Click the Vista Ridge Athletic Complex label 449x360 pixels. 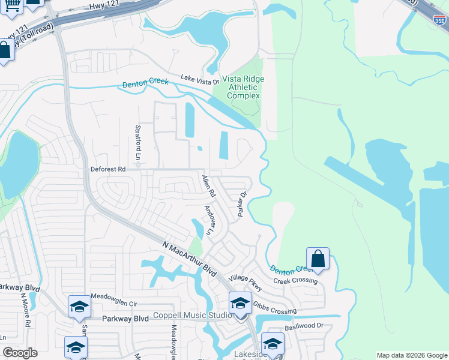point(243,87)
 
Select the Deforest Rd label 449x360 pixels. point(108,170)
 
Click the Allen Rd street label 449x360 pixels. point(208,187)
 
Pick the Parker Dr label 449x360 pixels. point(243,205)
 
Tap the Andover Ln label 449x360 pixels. point(209,220)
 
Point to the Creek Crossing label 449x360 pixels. point(295,281)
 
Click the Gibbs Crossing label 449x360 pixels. point(274,308)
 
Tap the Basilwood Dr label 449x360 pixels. point(303,326)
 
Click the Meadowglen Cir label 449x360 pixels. point(114,296)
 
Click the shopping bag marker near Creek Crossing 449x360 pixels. point(318,260)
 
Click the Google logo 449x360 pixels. point(20,353)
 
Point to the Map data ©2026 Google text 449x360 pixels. point(412,355)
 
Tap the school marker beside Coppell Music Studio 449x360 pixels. point(240,303)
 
